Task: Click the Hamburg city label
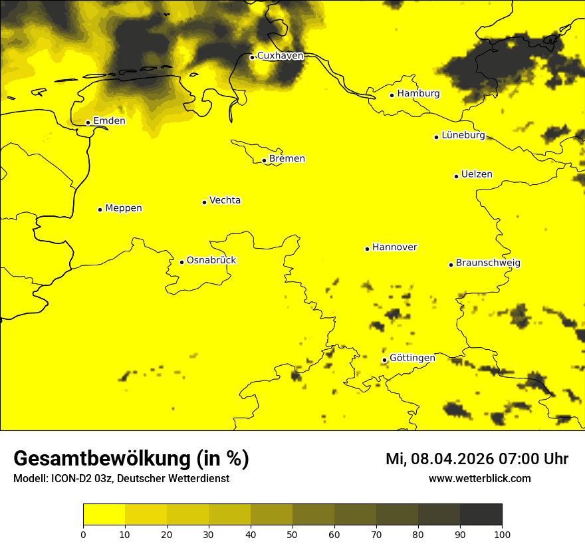click(418, 94)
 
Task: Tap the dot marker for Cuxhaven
click(252, 57)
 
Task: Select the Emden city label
click(109, 121)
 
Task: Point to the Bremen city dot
click(264, 160)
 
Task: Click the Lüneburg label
click(463, 135)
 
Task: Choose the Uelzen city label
click(477, 174)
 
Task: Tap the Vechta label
click(225, 200)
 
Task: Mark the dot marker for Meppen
click(100, 209)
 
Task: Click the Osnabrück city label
click(211, 260)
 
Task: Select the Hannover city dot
click(367, 249)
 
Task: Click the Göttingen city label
click(412, 358)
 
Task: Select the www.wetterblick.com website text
click(479, 478)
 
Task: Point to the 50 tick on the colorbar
click(292, 534)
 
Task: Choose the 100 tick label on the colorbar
click(502, 534)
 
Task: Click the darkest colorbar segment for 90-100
click(481, 515)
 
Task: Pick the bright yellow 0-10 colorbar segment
click(104, 515)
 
